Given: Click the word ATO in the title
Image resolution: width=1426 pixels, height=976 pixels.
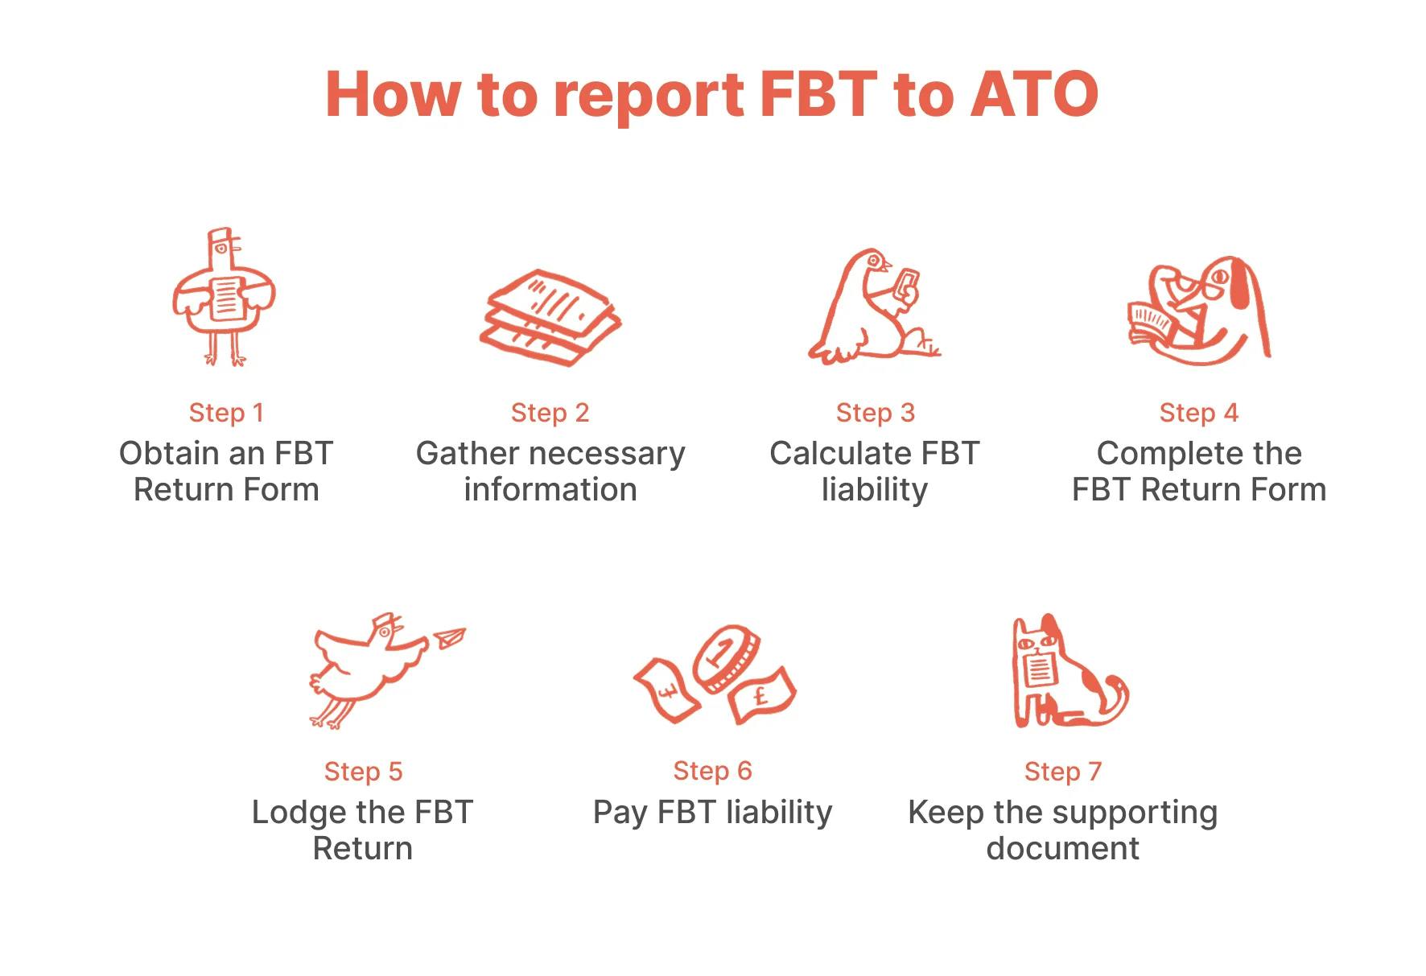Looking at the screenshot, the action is tap(1034, 94).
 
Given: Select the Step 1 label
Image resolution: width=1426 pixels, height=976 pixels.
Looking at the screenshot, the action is tap(226, 413).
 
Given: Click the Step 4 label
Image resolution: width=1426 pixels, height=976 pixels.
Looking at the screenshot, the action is tap(1198, 413).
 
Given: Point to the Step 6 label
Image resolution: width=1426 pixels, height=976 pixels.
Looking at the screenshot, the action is tap(712, 771).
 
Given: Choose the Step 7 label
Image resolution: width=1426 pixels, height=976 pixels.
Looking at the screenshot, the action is tap(1062, 772).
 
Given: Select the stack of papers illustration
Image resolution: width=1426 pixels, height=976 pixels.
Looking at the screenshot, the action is tap(550, 318).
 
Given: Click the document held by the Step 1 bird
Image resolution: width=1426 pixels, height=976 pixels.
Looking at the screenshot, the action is tap(225, 298).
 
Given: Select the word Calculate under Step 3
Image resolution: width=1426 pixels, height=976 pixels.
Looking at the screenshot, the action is tap(839, 454).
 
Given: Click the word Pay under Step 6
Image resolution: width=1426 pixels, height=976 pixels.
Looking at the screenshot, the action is tap(619, 813).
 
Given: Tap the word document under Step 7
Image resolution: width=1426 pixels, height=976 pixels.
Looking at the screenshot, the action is tap(1062, 848).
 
